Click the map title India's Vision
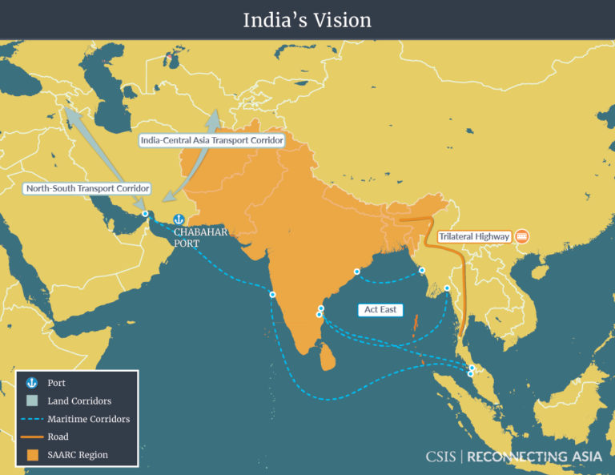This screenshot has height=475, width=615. (x=307, y=19)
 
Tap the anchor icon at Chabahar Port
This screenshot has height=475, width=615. (x=179, y=219)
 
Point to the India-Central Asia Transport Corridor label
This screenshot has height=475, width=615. (x=211, y=140)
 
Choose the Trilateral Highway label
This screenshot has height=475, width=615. (x=474, y=237)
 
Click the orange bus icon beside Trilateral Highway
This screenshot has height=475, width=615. (x=522, y=236)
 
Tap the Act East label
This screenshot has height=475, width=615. (x=381, y=309)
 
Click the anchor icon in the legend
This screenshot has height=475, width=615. (x=32, y=384)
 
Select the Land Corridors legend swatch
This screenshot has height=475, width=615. (x=32, y=401)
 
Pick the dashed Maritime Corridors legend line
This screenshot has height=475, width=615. (x=32, y=419)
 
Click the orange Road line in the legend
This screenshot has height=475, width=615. (x=32, y=437)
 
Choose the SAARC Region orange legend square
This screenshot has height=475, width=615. (x=32, y=455)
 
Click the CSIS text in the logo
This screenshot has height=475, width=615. (x=441, y=457)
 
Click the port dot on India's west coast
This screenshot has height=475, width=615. (x=272, y=295)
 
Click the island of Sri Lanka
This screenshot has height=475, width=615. (x=328, y=356)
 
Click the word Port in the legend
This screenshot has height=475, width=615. (x=57, y=384)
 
